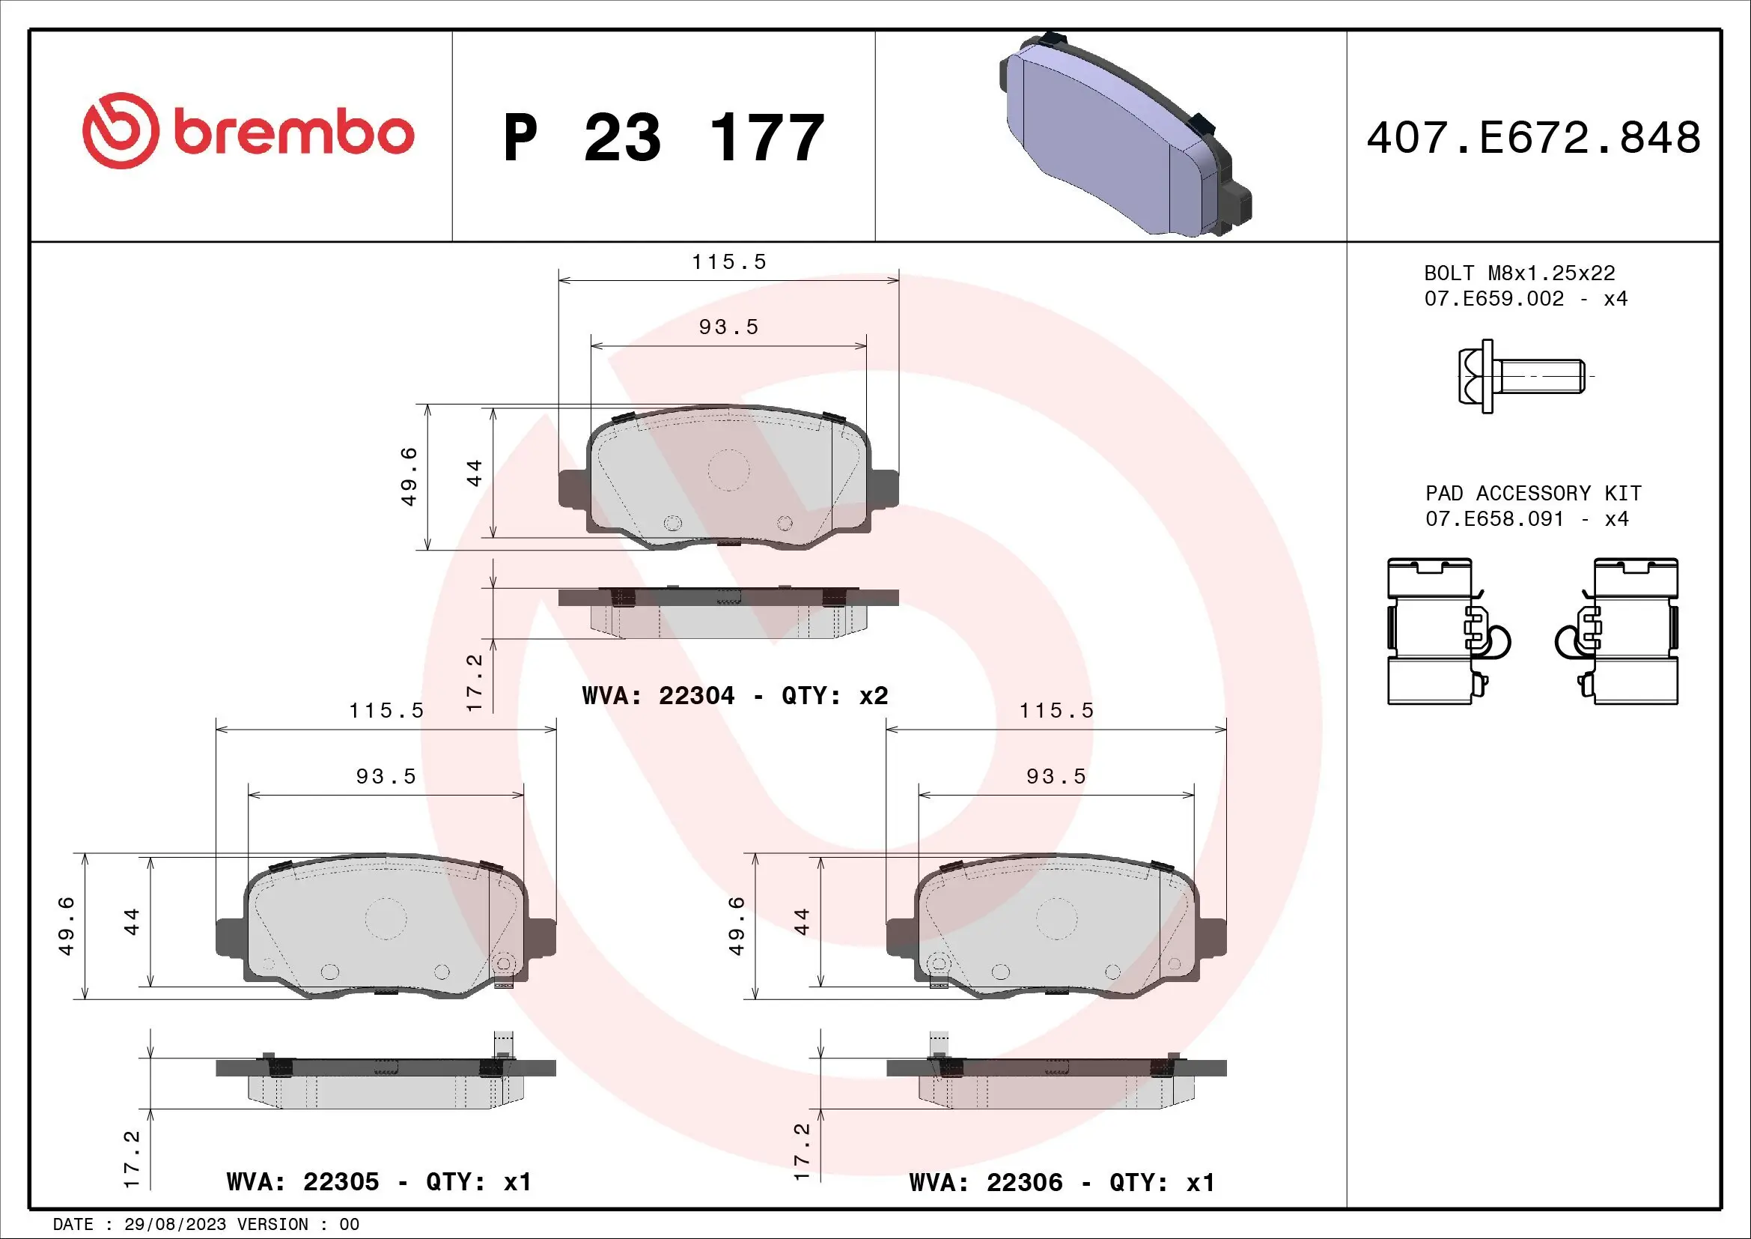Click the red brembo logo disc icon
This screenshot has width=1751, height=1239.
tap(121, 131)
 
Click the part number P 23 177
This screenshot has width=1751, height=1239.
tap(663, 138)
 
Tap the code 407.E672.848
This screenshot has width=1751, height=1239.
tap(1533, 138)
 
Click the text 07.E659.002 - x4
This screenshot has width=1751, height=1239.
tap(1525, 298)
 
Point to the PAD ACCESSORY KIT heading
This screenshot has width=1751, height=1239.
tap(1533, 493)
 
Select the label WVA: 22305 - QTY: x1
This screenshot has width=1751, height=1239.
tap(378, 1181)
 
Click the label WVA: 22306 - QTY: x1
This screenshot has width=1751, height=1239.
tap(1062, 1182)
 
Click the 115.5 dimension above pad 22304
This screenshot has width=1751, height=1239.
tap(728, 261)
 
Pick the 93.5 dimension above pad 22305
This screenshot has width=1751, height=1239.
tap(386, 776)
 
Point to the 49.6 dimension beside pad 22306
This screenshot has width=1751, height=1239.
tap(736, 925)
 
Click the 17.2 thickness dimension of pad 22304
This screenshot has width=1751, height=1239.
tap(475, 682)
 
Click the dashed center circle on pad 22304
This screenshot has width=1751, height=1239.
tap(728, 469)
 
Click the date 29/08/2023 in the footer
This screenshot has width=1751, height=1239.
tap(174, 1224)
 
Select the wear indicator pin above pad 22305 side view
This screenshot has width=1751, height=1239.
tap(502, 1043)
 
